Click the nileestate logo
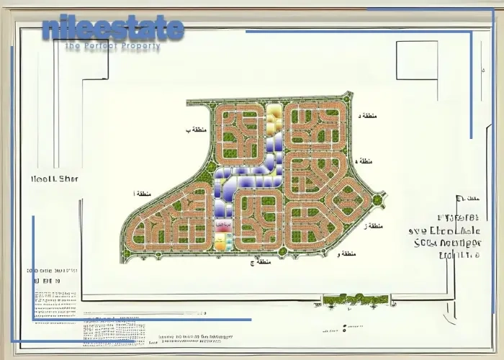[113, 29]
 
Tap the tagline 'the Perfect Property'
[112, 47]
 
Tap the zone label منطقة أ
[143, 194]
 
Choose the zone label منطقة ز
[373, 226]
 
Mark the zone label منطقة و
[347, 253]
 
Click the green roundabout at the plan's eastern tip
[377, 199]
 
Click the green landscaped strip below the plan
[356, 299]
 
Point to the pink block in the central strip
[223, 227]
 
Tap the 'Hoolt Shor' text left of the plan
[55, 179]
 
